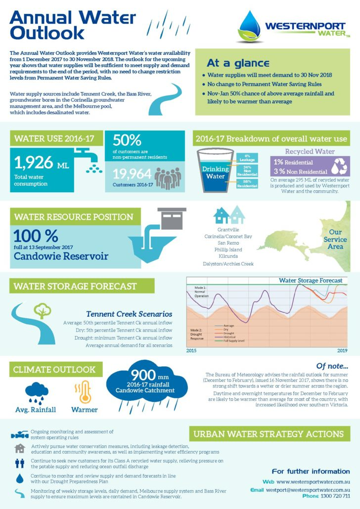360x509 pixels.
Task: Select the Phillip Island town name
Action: pos(228,250)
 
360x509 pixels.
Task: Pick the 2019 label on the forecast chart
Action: pos(342,350)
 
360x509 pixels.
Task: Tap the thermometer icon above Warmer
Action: pos(84,391)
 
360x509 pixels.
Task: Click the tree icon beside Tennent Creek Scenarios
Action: pos(42,310)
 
